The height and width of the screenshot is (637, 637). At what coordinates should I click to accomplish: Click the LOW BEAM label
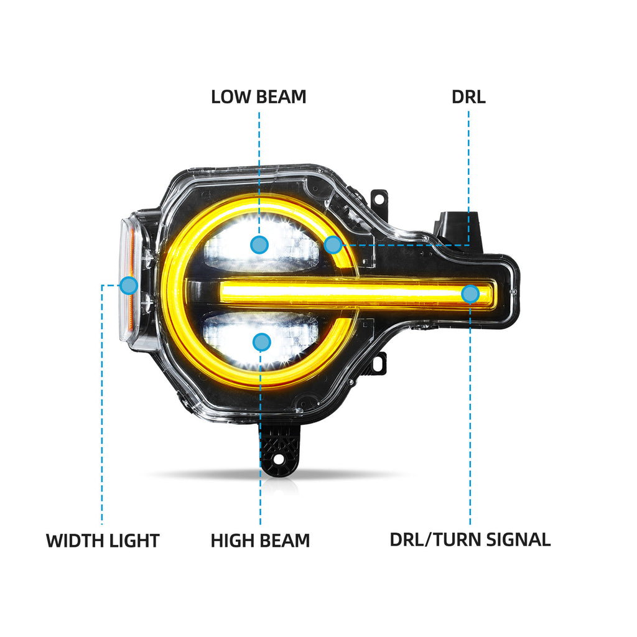coord(258,96)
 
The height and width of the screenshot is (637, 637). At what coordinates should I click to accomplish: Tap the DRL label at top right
coord(468,96)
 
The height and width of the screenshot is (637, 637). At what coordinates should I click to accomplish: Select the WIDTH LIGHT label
coord(103,541)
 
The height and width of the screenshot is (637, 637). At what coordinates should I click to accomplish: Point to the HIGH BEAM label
coord(260,541)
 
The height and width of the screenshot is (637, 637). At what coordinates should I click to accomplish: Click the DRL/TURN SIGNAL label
coord(470,539)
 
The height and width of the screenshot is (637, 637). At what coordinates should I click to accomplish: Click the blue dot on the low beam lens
coord(259,244)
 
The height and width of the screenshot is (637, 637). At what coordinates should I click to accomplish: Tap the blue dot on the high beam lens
coord(261,343)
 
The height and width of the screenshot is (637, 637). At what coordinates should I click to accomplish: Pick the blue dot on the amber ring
coord(333,244)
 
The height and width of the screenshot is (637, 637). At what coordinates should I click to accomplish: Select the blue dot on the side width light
coord(129,285)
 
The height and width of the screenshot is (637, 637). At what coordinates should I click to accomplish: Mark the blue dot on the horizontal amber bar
coord(470,294)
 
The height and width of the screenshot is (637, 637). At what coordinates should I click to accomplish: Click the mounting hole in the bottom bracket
coord(279,459)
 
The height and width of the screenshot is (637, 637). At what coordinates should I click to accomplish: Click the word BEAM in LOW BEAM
coord(281,96)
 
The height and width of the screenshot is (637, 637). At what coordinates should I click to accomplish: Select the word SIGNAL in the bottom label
coord(518,539)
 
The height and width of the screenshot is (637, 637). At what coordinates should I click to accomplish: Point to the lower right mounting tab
coord(378,363)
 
